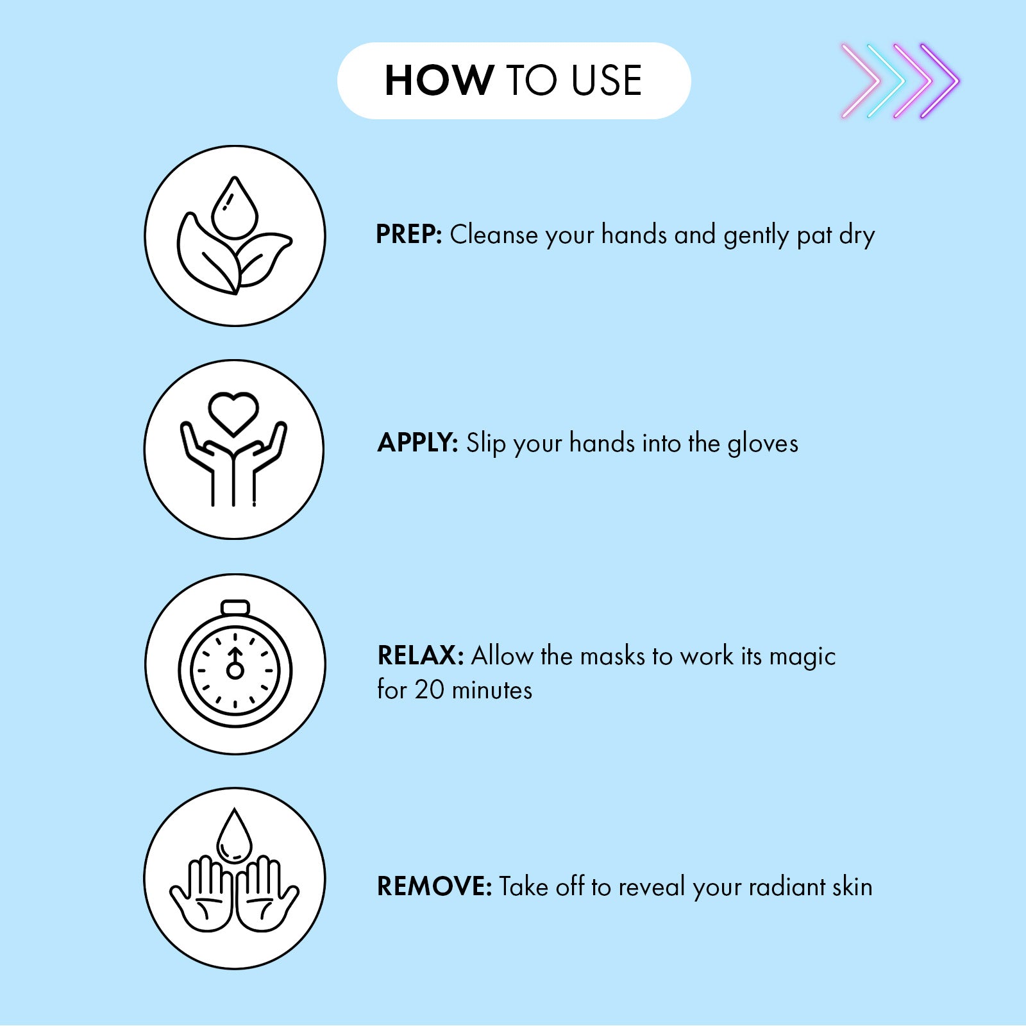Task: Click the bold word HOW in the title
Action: pos(439,81)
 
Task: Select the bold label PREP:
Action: pos(409,235)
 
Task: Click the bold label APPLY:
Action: pos(417,442)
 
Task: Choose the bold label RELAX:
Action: pos(420,655)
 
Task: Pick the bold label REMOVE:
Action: pos(434,886)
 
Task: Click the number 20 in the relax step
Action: pos(429,690)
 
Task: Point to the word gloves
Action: pos(763,444)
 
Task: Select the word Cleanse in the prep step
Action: pos(494,235)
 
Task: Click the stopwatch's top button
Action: pos(235,607)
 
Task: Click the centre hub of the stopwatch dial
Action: pos(235,671)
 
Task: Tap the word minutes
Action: pos(492,690)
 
